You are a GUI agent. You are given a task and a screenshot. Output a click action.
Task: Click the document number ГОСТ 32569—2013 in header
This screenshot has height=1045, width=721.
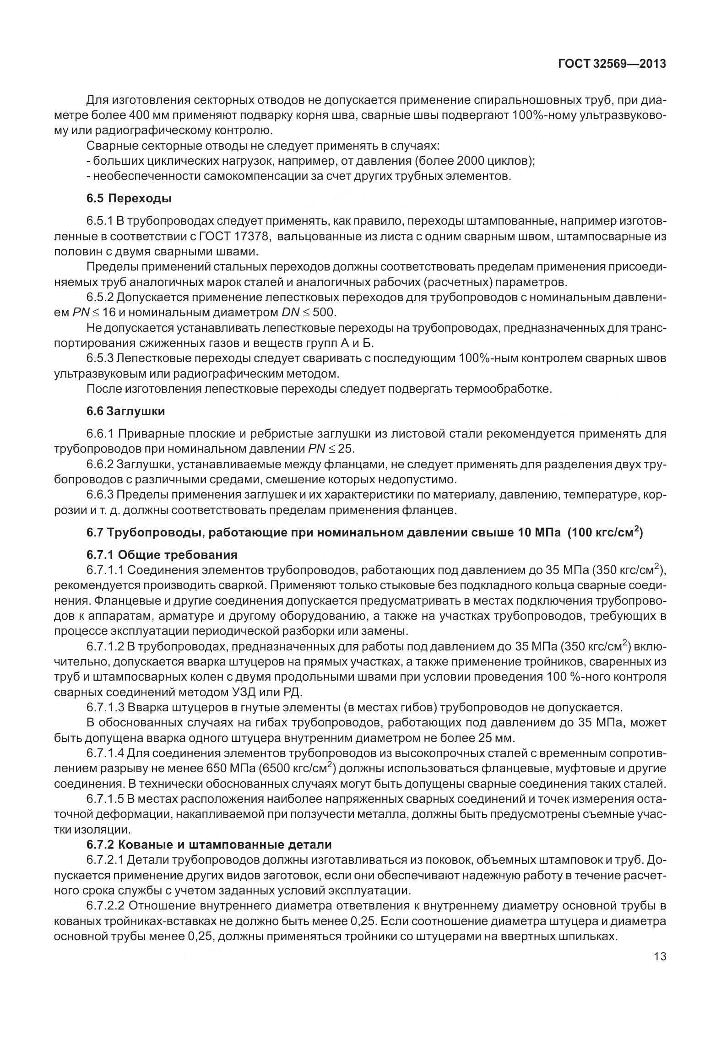(x=612, y=64)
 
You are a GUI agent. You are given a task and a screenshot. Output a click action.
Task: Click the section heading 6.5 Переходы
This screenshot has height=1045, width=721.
(x=129, y=199)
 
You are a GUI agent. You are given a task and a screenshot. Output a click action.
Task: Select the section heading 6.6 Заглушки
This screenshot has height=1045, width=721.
(x=125, y=411)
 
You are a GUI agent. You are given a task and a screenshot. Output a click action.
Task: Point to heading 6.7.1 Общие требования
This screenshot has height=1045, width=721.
(x=162, y=555)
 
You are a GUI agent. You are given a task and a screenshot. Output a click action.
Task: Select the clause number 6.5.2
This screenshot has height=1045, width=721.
(x=99, y=298)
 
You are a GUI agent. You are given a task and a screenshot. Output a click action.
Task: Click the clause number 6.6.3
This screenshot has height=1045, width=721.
(x=99, y=495)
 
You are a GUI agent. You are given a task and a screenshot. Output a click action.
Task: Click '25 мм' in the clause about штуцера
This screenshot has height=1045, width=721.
(x=498, y=738)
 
